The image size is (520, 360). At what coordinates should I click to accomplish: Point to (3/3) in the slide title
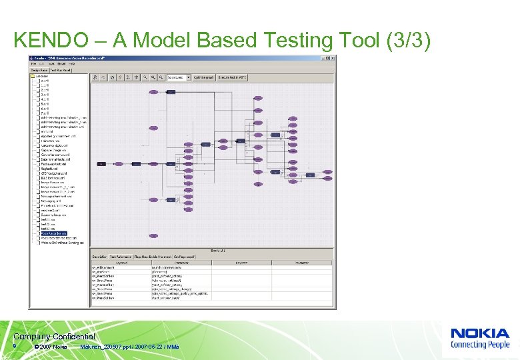click(407, 41)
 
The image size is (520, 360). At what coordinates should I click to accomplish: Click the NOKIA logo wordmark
click(480, 333)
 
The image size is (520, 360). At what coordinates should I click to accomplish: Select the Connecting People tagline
click(480, 345)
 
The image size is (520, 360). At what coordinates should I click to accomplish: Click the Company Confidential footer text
click(54, 337)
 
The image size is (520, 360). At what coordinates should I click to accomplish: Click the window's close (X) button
click(332, 58)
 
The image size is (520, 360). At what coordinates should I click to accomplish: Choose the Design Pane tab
click(37, 69)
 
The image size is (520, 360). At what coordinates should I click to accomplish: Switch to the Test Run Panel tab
click(61, 69)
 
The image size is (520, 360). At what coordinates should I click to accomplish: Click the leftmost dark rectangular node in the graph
click(101, 163)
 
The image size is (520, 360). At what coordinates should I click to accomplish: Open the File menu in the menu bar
click(33, 63)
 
